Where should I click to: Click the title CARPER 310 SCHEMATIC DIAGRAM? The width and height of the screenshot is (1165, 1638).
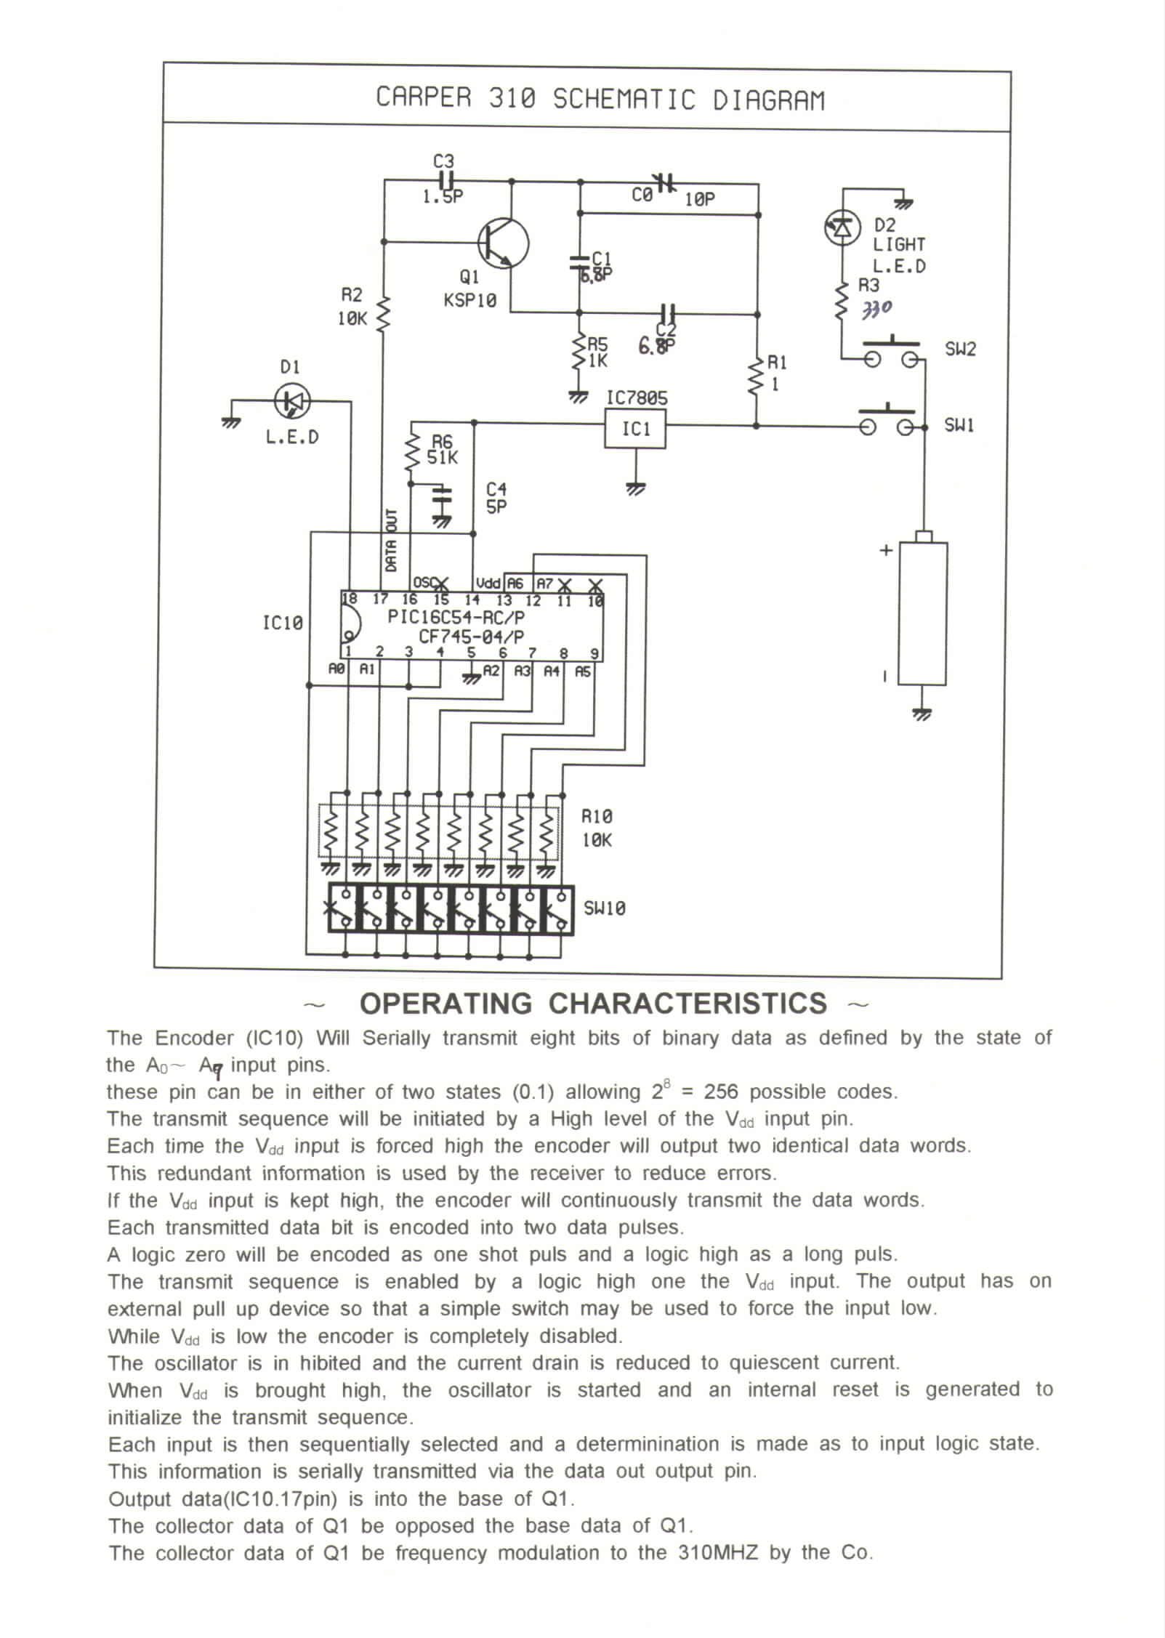[x=600, y=99]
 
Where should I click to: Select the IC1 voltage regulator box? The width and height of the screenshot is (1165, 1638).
[x=635, y=429]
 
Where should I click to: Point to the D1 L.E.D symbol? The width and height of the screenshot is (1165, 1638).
[x=292, y=400]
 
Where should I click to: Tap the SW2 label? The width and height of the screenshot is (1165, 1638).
[x=960, y=350]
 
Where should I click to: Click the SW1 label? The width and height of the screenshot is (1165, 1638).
[x=959, y=425]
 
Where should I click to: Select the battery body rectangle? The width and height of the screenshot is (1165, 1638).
[x=923, y=613]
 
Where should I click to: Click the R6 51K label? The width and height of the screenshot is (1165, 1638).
[x=442, y=451]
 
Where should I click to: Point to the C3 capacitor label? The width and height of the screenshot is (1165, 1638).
[x=443, y=161]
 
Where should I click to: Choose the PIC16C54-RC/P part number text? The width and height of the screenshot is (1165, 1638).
[x=456, y=617]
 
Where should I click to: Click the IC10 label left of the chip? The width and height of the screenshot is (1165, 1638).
[x=282, y=623]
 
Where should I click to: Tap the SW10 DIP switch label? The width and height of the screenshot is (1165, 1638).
[x=605, y=908]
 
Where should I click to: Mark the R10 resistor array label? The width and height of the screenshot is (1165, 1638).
[x=597, y=828]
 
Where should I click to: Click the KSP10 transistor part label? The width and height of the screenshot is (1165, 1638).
[x=470, y=300]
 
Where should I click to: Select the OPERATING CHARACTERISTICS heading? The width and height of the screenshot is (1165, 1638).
[x=593, y=1004]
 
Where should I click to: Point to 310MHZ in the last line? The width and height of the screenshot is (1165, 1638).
[x=718, y=1553]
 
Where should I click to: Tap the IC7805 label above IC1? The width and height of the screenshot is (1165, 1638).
[x=637, y=398]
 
